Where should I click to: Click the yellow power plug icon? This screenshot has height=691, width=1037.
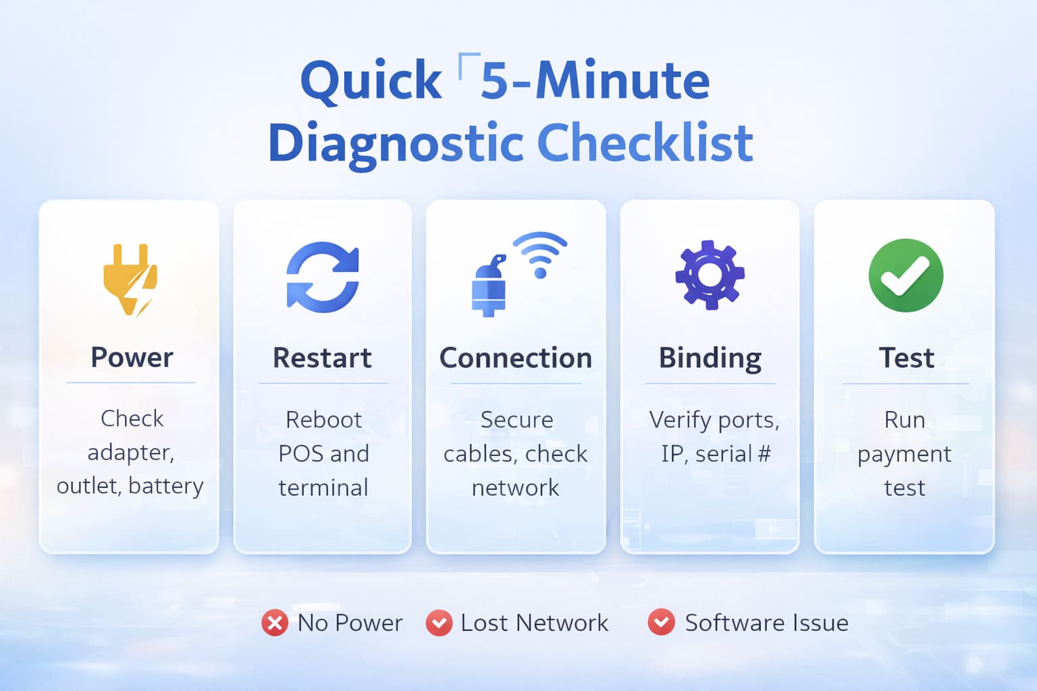(130, 280)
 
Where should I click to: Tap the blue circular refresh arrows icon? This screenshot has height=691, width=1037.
(323, 277)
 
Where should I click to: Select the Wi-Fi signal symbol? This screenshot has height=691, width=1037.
(540, 255)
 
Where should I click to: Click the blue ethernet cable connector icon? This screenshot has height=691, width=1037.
(489, 285)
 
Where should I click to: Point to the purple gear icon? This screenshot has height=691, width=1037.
(710, 275)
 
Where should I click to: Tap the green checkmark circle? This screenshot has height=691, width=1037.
(905, 275)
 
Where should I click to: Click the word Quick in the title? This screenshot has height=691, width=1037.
(371, 81)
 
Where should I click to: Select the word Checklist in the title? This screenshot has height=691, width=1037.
(645, 142)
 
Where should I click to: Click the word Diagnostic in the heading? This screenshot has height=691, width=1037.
(396, 145)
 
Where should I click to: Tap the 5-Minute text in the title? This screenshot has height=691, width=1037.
(595, 80)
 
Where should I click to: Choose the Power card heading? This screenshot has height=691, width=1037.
(132, 357)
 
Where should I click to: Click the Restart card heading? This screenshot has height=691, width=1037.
(322, 358)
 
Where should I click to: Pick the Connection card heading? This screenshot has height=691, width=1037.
(516, 358)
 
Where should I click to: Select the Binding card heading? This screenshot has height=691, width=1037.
(710, 359)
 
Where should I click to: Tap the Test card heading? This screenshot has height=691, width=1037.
(907, 358)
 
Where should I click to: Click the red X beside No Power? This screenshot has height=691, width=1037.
(275, 623)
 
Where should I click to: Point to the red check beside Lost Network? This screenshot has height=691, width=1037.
(439, 623)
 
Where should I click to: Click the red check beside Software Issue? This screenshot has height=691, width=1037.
(661, 622)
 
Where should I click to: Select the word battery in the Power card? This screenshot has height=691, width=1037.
(165, 487)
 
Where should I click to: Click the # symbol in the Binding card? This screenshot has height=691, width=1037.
(764, 453)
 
